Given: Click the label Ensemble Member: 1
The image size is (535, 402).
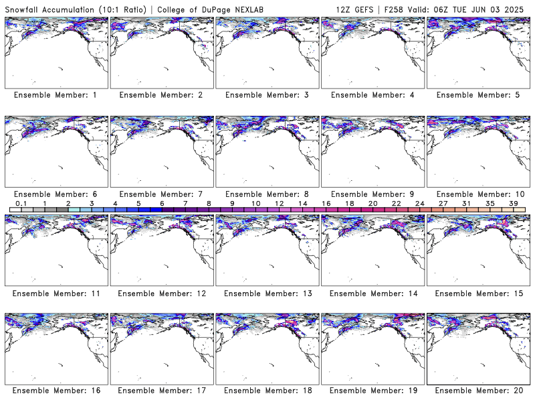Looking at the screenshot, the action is pyautogui.click(x=56, y=95).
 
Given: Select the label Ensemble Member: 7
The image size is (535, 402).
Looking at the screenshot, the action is pyautogui.click(x=161, y=194).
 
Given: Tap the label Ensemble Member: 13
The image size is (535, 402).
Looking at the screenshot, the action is pyautogui.click(x=268, y=293).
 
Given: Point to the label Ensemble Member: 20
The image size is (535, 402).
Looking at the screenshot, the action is pyautogui.click(x=479, y=391).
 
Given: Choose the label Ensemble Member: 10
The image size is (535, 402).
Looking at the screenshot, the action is pyautogui.click(x=480, y=194).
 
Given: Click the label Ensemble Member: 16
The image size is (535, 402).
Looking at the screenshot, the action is pyautogui.click(x=57, y=391).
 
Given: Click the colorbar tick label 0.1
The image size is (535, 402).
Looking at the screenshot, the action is pyautogui.click(x=21, y=204).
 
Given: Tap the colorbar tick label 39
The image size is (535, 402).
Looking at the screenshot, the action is pyautogui.click(x=513, y=204).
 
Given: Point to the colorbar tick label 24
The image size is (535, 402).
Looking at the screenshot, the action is pyautogui.click(x=420, y=204).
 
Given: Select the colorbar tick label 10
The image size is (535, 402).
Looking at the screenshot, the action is pyautogui.click(x=256, y=204).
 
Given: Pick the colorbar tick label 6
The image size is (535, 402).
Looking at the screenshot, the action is pyautogui.click(x=162, y=204).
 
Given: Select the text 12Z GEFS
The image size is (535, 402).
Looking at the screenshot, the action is pyautogui.click(x=354, y=9).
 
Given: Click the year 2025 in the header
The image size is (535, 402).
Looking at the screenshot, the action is pyautogui.click(x=514, y=9).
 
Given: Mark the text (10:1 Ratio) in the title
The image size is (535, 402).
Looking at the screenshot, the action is pyautogui.click(x=122, y=9).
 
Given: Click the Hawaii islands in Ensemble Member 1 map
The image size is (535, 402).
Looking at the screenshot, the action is pyautogui.click(x=61, y=68).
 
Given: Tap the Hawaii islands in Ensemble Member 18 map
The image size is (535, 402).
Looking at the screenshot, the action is pyautogui.click(x=272, y=364).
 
